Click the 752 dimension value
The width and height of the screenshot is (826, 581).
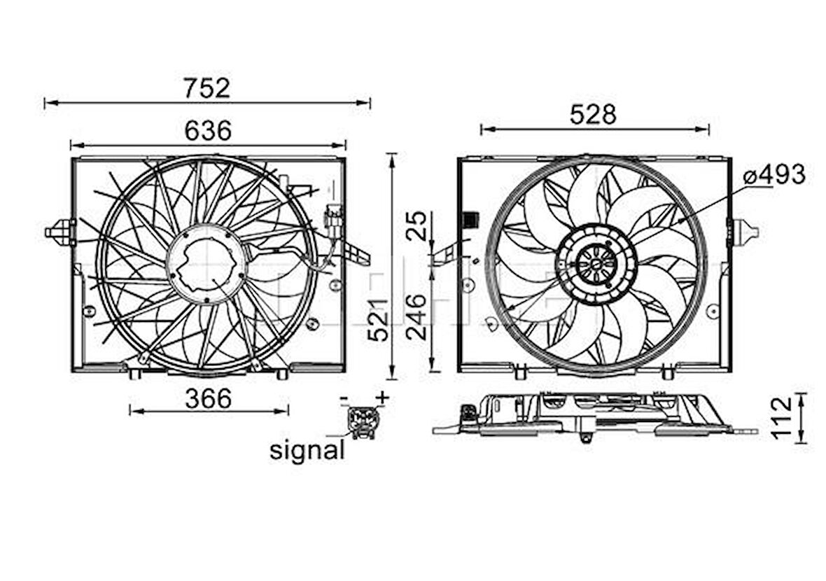click(206, 88)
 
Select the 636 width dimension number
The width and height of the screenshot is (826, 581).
click(208, 130)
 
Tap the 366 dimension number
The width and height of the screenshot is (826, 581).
click(208, 398)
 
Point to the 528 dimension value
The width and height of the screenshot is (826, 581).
click(593, 115)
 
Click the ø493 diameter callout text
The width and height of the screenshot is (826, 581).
click(774, 175)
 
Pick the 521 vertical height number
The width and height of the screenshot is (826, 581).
click(379, 319)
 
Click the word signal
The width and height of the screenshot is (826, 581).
click(307, 450)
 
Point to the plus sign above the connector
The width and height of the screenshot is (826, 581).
click(381, 398)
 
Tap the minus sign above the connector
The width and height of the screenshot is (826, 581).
click(344, 399)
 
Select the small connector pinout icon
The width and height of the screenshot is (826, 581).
click(363, 421)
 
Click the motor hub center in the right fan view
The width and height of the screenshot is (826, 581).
click(595, 264)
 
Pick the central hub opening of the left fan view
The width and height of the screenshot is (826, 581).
click(206, 264)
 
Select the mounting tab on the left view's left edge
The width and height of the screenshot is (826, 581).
click(61, 232)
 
